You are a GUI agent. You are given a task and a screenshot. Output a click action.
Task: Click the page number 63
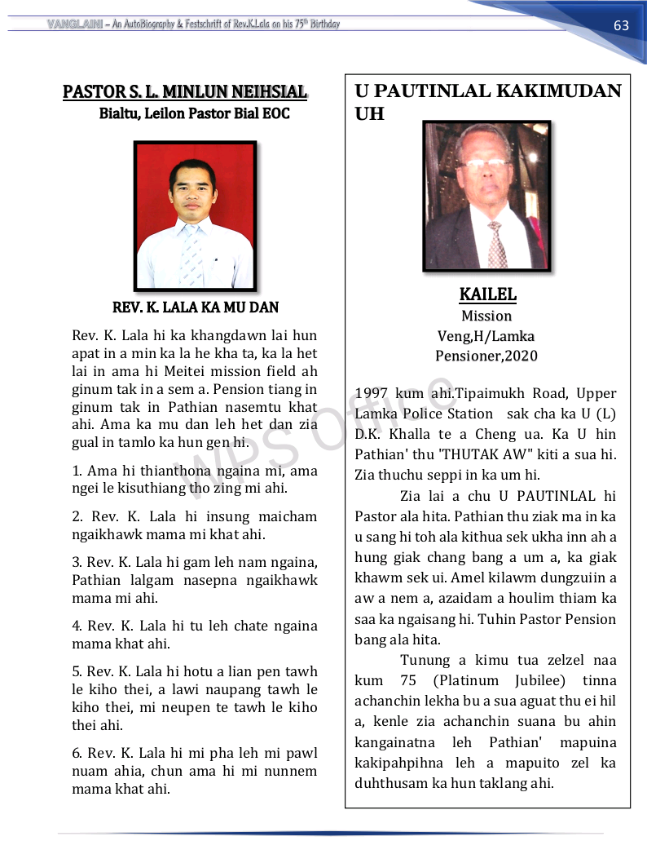(x=621, y=25)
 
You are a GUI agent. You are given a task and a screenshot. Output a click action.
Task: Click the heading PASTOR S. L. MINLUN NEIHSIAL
(x=185, y=91)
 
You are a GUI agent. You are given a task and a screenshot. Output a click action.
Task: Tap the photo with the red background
(x=195, y=216)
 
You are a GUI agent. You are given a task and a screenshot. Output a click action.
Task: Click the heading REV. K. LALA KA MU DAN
(x=195, y=308)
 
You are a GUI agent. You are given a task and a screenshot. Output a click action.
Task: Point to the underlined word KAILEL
(x=487, y=294)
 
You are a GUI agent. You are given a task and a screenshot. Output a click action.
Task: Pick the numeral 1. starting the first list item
(x=77, y=471)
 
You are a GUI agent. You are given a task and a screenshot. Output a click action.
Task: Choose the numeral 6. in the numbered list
(x=77, y=753)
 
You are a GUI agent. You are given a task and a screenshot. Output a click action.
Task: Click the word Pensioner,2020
(x=486, y=356)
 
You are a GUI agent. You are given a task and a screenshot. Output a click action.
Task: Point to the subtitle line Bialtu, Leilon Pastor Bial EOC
(x=194, y=113)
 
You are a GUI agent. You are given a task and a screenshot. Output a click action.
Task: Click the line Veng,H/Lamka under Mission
(x=486, y=335)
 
